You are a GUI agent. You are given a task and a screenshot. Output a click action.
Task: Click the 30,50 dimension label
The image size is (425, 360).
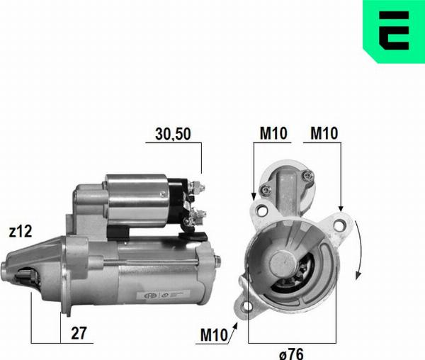point(173,134)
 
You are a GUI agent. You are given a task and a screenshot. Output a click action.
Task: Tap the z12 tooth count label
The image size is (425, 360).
point(21,231)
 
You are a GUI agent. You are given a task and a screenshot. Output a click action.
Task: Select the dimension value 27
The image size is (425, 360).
point(79,333)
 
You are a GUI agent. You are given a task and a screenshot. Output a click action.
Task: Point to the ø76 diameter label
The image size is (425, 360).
point(291,354)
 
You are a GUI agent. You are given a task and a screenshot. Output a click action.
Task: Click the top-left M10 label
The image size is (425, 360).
point(273,133)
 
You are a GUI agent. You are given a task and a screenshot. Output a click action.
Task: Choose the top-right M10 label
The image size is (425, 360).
point(324,133)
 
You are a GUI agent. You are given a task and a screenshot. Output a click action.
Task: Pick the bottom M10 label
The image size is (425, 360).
point(214,334)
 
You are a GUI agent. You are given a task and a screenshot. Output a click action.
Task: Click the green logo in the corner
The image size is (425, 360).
point(394,31)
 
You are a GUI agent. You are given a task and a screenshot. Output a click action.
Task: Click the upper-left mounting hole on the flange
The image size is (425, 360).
point(262,210)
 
